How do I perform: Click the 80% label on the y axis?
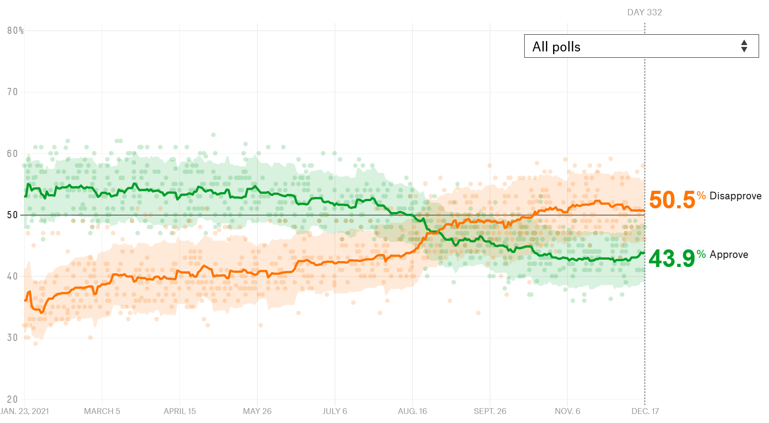pyautogui.click(x=15, y=31)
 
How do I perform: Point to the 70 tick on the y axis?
pyautogui.click(x=12, y=92)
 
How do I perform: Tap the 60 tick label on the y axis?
pyautogui.click(x=12, y=154)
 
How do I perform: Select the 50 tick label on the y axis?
pyautogui.click(x=12, y=215)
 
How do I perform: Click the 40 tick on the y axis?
pyautogui.click(x=12, y=276)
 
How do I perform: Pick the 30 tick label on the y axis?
pyautogui.click(x=12, y=338)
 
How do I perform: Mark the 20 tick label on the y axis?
pyautogui.click(x=12, y=399)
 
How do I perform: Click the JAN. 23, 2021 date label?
pyautogui.click(x=25, y=411)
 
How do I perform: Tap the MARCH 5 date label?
pyautogui.click(x=102, y=411)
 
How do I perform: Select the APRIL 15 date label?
pyautogui.click(x=179, y=411)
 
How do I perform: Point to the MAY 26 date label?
pyautogui.click(x=257, y=411)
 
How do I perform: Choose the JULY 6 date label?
pyautogui.click(x=334, y=411)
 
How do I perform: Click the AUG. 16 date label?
pyautogui.click(x=412, y=411)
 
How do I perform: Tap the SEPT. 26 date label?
pyautogui.click(x=490, y=411)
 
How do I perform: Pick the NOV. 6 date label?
pyautogui.click(x=567, y=411)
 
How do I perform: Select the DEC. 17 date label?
pyautogui.click(x=645, y=411)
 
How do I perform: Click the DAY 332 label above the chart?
pyautogui.click(x=645, y=13)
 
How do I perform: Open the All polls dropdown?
pyautogui.click(x=641, y=46)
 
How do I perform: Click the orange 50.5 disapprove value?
pyautogui.click(x=672, y=200)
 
